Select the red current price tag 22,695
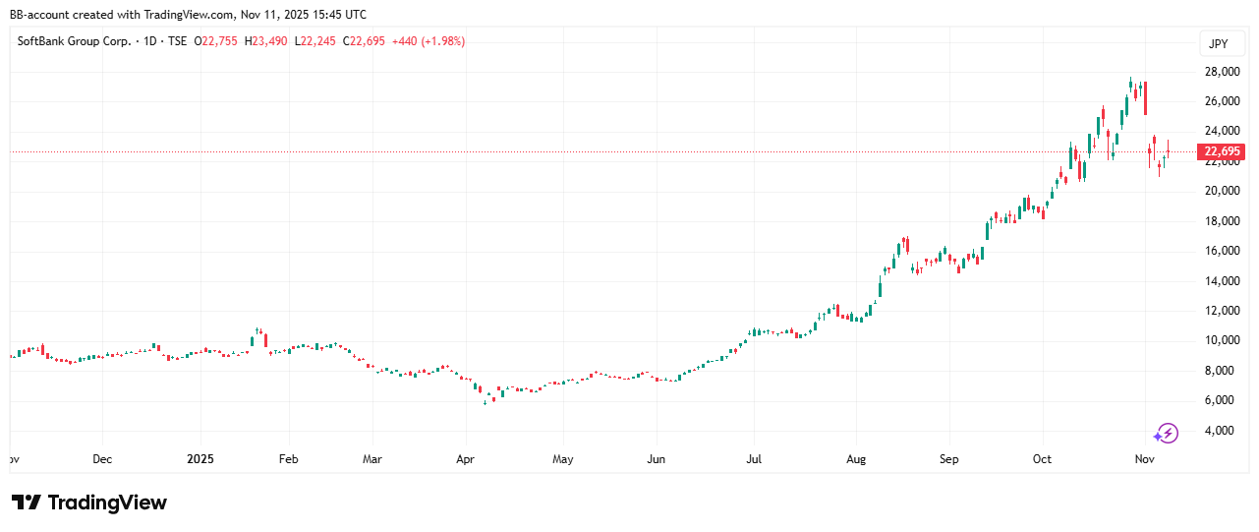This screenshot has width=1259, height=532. pyautogui.click(x=1220, y=151)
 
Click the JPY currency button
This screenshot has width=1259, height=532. pyautogui.click(x=1219, y=43)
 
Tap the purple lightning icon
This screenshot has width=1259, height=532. pyautogui.click(x=1166, y=433)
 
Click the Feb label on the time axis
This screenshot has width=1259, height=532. pyautogui.click(x=288, y=459)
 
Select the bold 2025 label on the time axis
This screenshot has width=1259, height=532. pyautogui.click(x=200, y=459)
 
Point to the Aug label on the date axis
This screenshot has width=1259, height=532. pyautogui.click(x=855, y=459)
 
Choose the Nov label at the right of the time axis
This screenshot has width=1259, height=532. pyautogui.click(x=1145, y=459)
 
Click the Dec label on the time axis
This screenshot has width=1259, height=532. pyautogui.click(x=101, y=459)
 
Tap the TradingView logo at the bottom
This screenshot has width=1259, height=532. pyautogui.click(x=89, y=502)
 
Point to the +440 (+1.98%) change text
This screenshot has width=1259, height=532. pyautogui.click(x=428, y=41)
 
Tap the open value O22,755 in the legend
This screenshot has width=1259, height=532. pyautogui.click(x=216, y=41)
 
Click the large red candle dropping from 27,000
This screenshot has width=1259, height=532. pyautogui.click(x=1146, y=98)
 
